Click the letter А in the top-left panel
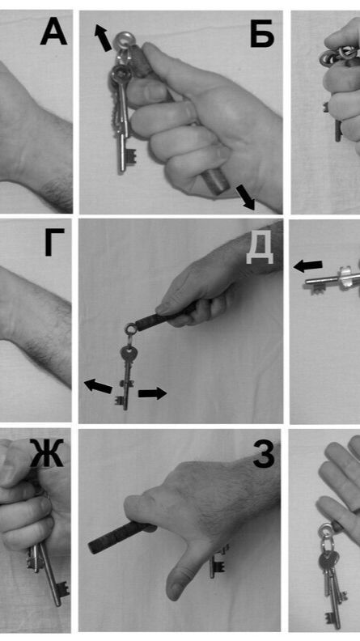(54, 32)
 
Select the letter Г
(54, 243)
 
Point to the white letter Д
(259, 250)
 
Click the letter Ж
(47, 453)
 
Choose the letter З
(264, 453)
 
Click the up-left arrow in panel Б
(103, 37)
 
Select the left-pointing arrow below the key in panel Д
(98, 386)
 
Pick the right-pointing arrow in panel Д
(152, 393)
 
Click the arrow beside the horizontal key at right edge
(308, 266)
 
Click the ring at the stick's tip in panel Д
(130, 329)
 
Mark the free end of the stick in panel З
(92, 548)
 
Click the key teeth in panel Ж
(63, 588)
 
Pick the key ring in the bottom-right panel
(326, 532)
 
